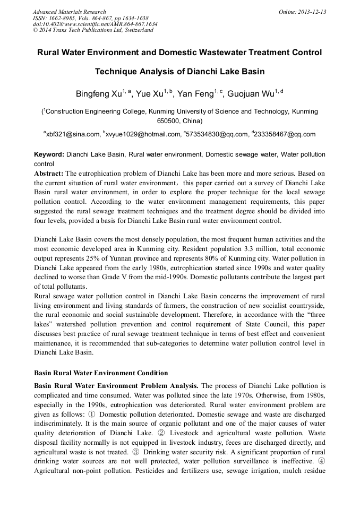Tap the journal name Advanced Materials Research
(69, 12)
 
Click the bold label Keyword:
(49, 154)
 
